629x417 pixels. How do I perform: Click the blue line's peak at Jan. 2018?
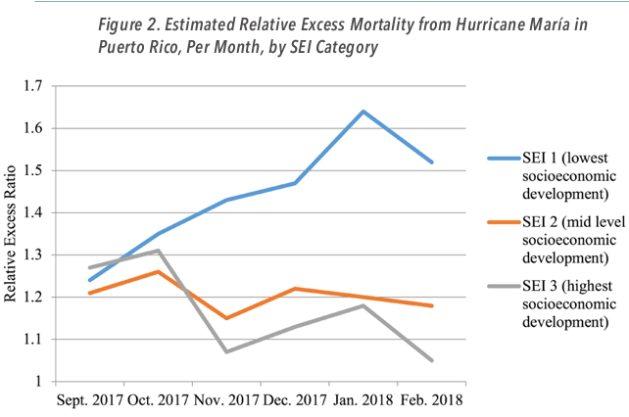point(363,112)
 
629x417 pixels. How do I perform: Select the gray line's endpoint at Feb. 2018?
point(431,360)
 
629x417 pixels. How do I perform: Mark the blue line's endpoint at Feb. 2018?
point(431,162)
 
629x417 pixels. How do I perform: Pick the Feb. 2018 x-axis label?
point(431,399)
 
